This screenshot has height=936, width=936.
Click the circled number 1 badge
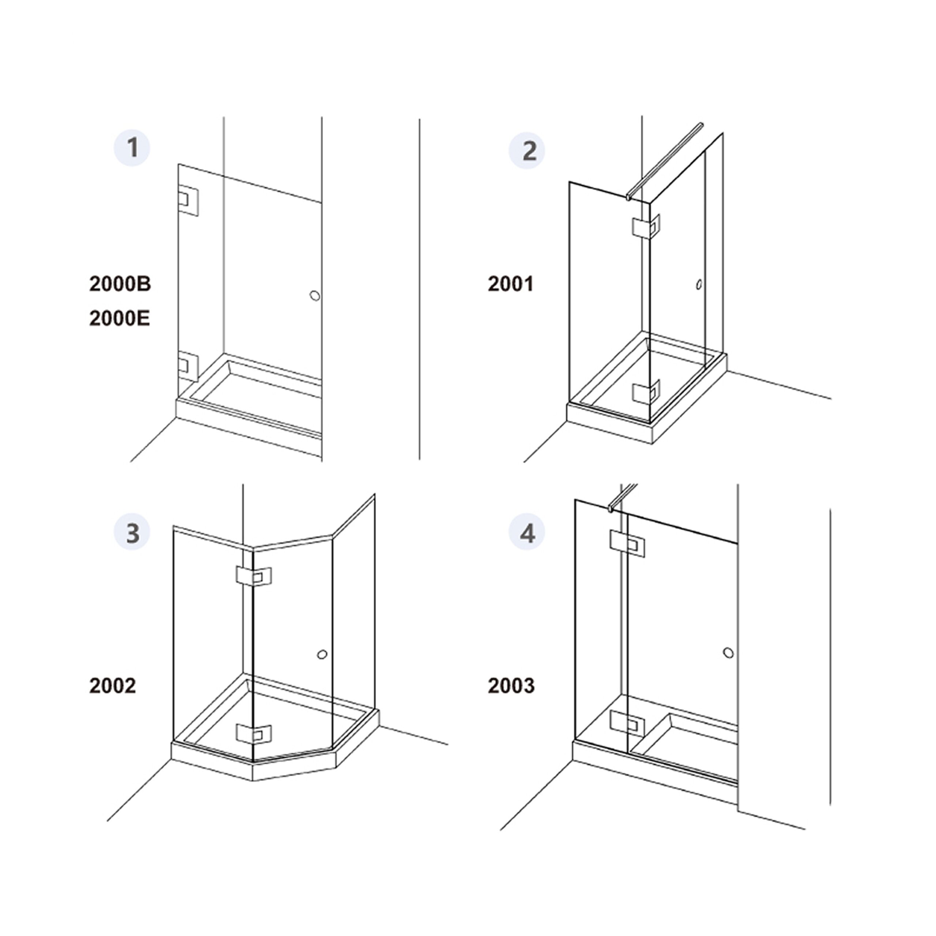click(132, 148)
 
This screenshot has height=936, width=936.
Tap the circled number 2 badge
click(526, 151)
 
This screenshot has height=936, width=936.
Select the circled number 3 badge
click(132, 532)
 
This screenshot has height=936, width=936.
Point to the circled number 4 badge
click(526, 532)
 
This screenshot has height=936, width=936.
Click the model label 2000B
click(120, 284)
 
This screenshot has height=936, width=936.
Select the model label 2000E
click(120, 318)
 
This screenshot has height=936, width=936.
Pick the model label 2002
click(112, 686)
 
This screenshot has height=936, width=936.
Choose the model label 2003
click(511, 686)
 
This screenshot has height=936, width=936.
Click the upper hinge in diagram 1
click(188, 200)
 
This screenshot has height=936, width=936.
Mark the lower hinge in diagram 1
click(188, 367)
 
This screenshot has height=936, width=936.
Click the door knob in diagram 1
click(315, 295)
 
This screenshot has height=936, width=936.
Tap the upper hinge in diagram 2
click(646, 227)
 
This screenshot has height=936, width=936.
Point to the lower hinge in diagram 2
click(646, 392)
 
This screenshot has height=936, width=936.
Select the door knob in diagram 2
click(699, 284)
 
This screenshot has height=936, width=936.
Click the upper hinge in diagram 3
click(253, 575)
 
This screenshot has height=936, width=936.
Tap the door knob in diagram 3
click(322, 654)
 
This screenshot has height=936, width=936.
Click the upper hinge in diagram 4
click(627, 544)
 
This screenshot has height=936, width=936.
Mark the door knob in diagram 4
click(728, 653)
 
